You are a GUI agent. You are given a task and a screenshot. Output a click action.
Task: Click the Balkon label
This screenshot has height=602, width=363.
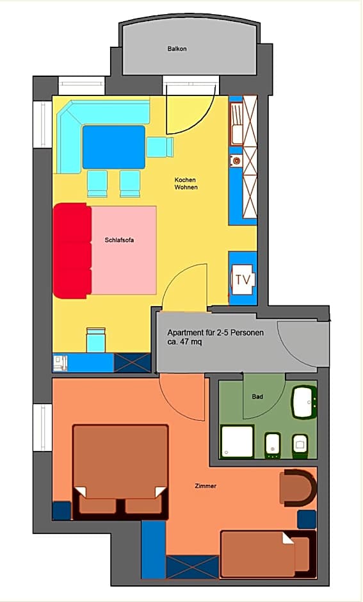pos(177,49)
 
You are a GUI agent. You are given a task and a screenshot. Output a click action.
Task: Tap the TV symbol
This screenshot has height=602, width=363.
pos(243,280)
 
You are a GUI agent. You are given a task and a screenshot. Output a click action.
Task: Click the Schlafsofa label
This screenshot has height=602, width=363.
pos(120,240)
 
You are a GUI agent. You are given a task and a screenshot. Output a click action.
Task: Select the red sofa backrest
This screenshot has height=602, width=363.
pos(72,250)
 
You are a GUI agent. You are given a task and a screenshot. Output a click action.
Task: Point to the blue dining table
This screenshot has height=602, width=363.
pos(113,147)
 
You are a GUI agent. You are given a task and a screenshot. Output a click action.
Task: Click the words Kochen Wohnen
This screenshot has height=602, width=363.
pos(186,184)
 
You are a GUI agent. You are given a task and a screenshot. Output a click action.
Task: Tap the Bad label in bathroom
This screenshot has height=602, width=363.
pos(257,397)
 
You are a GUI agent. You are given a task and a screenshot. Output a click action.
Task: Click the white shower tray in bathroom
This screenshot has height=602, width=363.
pos(238,442)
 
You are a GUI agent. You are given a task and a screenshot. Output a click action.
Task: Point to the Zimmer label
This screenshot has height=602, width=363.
pos(206,486)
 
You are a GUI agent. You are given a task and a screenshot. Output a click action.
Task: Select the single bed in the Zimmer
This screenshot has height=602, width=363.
pos(267,553)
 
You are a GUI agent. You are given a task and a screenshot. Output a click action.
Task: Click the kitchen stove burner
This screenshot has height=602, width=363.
pos(236,161)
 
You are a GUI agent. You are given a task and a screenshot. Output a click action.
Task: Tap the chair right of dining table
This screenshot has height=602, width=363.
pos(159,147)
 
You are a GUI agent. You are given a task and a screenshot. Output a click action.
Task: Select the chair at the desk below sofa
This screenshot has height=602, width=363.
pos(95,340)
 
